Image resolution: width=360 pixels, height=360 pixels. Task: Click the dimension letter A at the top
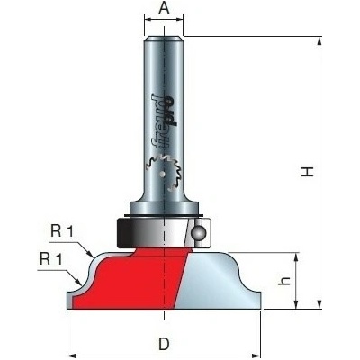click(x=164, y=8)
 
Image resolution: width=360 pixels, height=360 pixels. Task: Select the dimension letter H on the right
click(x=308, y=172)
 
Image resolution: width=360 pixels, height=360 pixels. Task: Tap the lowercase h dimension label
click(x=284, y=281)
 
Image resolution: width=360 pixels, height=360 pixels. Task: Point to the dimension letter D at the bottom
click(x=164, y=344)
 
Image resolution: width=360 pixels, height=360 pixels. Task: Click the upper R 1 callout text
click(x=62, y=231)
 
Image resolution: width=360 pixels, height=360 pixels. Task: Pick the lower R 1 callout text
click(x=51, y=259)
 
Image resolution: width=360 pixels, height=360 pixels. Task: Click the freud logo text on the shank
click(x=164, y=121)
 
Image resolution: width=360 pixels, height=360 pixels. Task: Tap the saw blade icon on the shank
click(x=164, y=174)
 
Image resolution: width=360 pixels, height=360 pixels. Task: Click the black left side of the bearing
click(x=125, y=233)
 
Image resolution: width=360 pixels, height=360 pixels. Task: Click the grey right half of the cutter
click(x=218, y=281)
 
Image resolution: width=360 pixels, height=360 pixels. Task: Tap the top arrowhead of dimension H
click(x=319, y=41)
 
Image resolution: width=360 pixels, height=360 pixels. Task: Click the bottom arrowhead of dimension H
click(x=319, y=304)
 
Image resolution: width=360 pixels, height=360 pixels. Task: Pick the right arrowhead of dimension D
click(x=256, y=355)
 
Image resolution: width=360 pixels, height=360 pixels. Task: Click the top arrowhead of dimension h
click(x=296, y=257)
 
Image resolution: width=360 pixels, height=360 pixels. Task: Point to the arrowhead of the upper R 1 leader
click(x=90, y=254)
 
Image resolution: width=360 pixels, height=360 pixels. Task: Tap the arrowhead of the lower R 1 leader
click(x=78, y=282)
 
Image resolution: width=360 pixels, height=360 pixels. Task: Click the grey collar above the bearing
click(x=164, y=209)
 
